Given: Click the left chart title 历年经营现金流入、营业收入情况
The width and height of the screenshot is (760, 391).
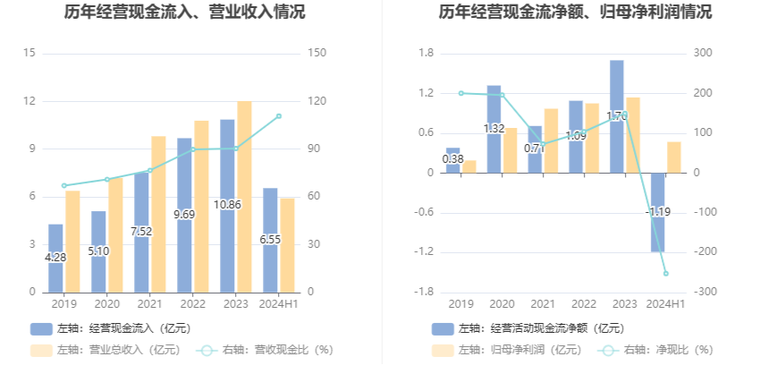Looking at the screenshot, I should tap(184, 13).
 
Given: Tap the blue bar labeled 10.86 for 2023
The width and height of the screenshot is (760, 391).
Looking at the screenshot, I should tap(227, 206).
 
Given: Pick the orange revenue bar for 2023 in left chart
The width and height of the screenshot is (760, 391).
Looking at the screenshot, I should tap(244, 197).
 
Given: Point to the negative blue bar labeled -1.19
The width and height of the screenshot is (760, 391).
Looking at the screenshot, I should tap(658, 212).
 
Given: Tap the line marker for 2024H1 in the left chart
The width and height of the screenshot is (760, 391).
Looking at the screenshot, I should tap(279, 116).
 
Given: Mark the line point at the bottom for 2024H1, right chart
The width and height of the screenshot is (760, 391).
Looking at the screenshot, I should tap(665, 274).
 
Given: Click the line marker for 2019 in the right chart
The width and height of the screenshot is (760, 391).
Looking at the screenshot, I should tap(461, 93).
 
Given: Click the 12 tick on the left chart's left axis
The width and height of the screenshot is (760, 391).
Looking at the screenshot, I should tap(30, 101).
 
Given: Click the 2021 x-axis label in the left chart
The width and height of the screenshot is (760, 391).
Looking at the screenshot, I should tap(149, 304).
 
